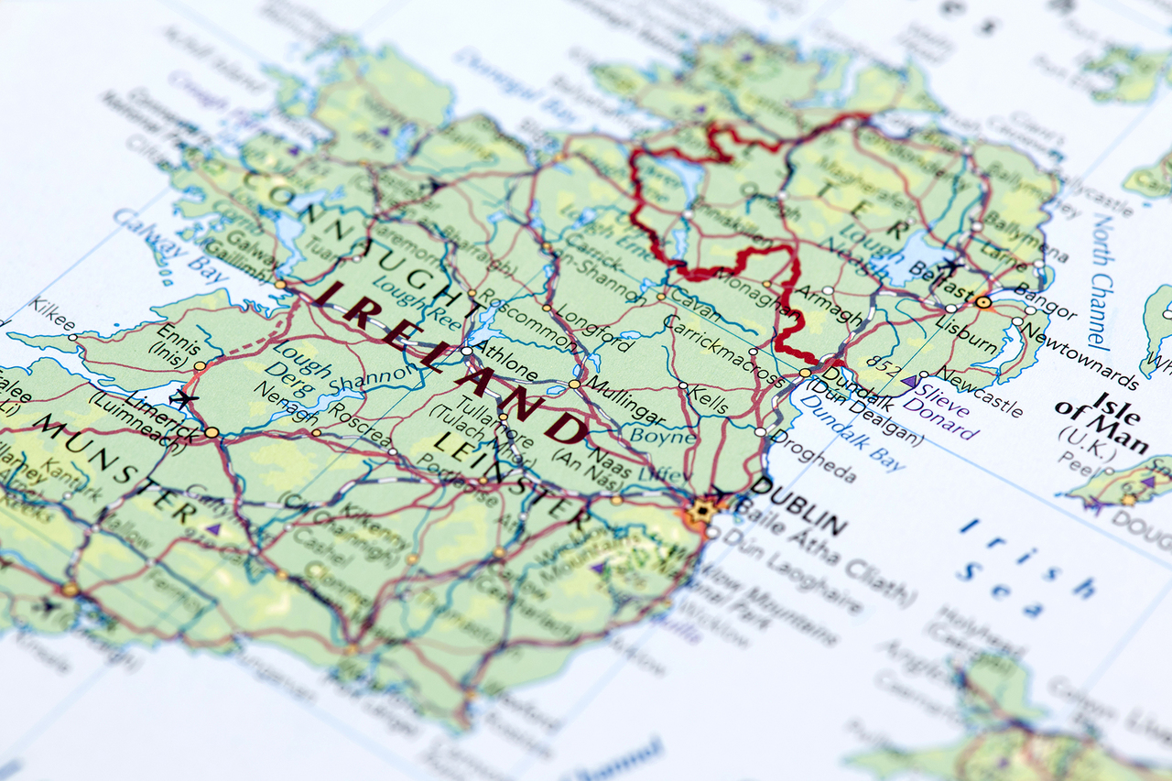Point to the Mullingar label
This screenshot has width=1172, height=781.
coord(625,399)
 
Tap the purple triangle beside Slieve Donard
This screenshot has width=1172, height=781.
coord(910,381)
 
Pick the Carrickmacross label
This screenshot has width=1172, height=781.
coord(722,352)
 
